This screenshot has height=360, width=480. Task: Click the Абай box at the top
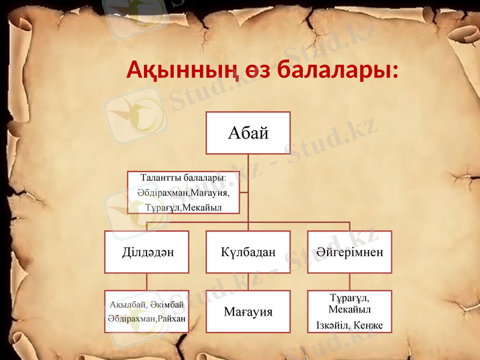pos(248,133)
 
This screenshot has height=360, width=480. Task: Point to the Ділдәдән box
pos(147,252)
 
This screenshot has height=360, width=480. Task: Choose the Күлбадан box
pos(248,252)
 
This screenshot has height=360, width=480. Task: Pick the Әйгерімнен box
pos(349,252)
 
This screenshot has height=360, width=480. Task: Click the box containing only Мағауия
pos(248,312)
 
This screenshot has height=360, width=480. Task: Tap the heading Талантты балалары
pos(182,178)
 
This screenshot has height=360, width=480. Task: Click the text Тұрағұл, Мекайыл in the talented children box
pos(183,208)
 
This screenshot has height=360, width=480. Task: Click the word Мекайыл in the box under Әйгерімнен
pos(349,310)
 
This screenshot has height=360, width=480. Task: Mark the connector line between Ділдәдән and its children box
pos(147,282)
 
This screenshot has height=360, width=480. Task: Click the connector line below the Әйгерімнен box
pos(349,282)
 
